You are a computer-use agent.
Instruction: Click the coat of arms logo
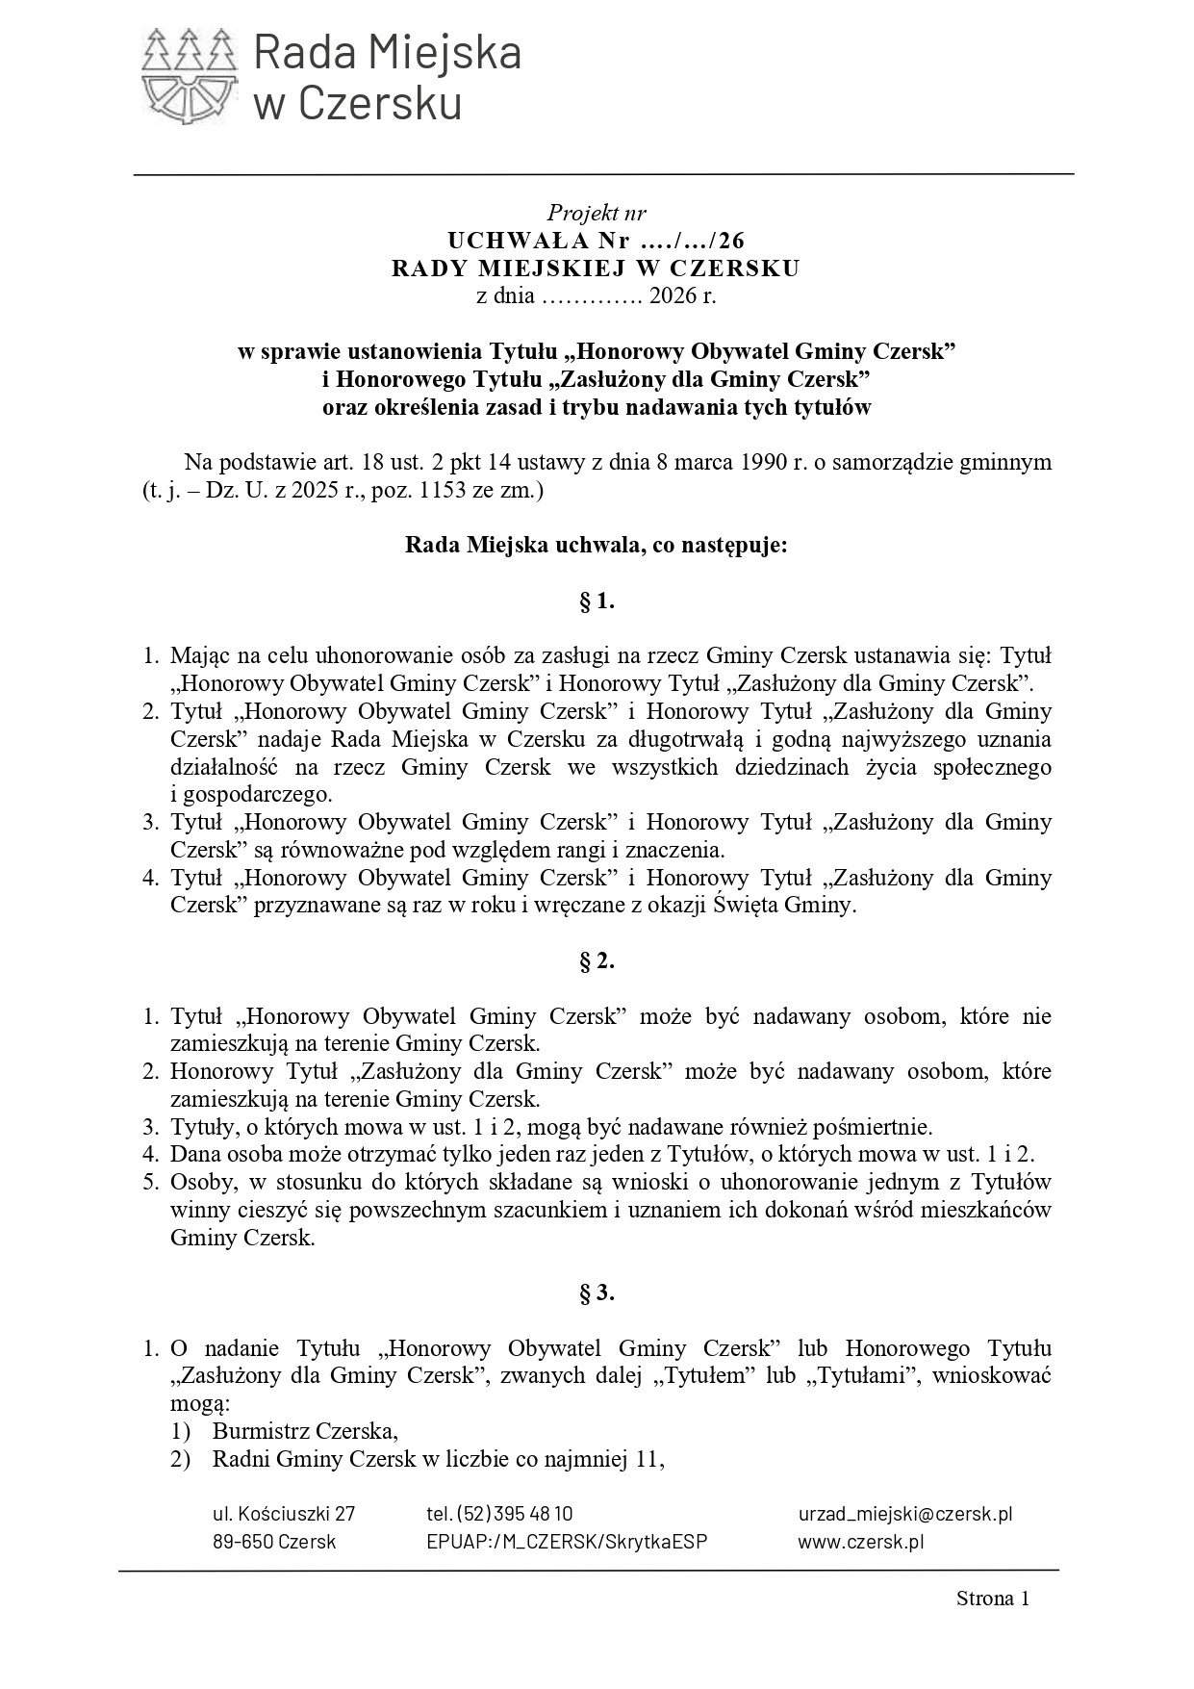point(189,76)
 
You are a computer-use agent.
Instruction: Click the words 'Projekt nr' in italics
point(597,213)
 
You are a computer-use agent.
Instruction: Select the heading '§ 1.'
point(597,602)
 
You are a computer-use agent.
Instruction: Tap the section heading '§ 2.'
point(597,961)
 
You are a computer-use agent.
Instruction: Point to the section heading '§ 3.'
point(597,1293)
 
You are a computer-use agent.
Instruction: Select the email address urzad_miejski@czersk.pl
point(904,1514)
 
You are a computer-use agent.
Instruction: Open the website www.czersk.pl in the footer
point(861,1542)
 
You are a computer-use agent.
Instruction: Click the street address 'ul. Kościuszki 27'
point(284,1514)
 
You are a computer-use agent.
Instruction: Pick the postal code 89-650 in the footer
point(242,1542)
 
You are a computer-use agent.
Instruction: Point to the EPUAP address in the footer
point(567,1542)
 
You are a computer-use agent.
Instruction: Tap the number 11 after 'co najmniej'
point(648,1459)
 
